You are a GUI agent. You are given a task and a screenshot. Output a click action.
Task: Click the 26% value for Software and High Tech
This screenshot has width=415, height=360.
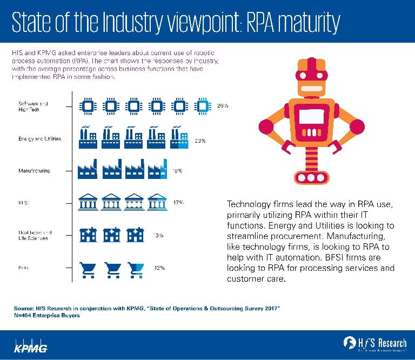(222, 106)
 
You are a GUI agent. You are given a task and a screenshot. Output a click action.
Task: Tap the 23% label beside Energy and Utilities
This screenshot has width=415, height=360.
(200, 141)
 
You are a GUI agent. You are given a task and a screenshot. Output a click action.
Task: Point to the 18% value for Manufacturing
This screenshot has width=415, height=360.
(177, 171)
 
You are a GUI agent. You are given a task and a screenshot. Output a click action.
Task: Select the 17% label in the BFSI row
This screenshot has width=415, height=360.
(178, 203)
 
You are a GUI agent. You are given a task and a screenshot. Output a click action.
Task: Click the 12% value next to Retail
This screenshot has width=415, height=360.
(158, 268)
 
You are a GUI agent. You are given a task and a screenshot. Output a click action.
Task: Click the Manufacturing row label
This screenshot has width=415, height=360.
(34, 171)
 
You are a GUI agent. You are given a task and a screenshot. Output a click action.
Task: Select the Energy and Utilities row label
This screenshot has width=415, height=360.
(39, 139)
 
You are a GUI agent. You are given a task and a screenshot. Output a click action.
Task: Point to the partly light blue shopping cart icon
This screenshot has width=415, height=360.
(136, 268)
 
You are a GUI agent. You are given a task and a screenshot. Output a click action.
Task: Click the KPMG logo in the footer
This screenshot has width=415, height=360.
(31, 346)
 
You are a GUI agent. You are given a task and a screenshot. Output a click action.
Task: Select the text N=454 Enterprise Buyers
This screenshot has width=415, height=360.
(47, 316)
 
